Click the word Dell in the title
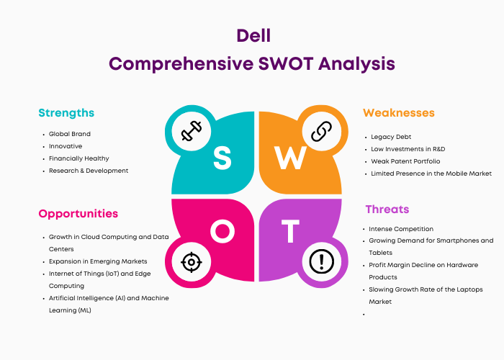(253, 35)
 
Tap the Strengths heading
(66, 113)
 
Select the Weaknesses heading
(399, 113)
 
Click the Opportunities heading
(78, 214)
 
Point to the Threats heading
(387, 210)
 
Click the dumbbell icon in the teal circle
(192, 131)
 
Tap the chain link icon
(321, 131)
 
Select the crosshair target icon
(192, 262)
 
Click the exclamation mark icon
(321, 261)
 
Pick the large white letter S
(222, 158)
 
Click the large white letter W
(290, 158)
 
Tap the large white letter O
(222, 231)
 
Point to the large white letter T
(291, 231)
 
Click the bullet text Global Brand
(70, 134)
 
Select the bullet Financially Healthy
(79, 158)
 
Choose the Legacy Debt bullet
(391, 137)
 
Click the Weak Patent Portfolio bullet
(405, 161)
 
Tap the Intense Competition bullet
(401, 229)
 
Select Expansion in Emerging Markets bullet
(98, 261)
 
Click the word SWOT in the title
(286, 63)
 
